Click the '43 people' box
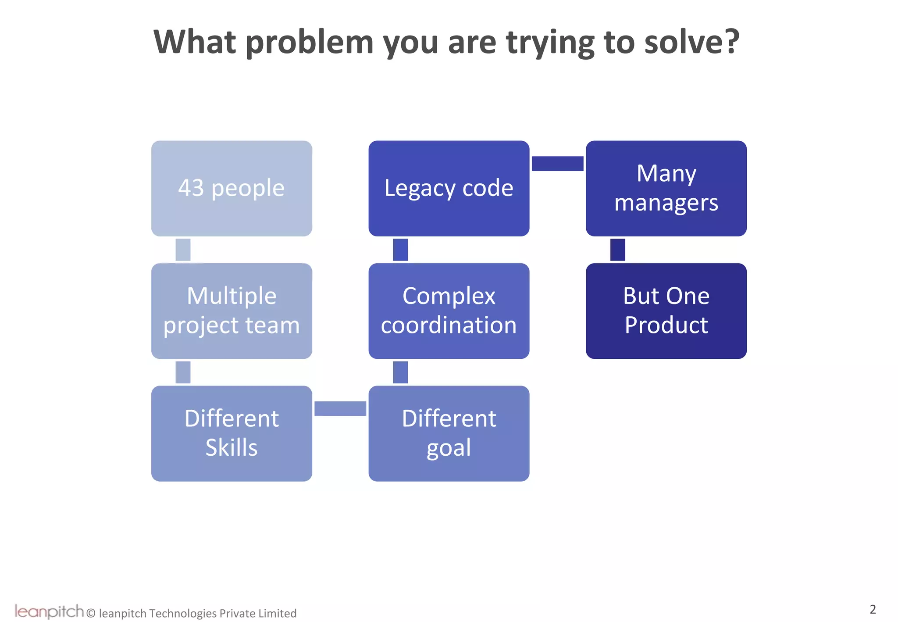232,188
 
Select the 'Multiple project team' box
232,311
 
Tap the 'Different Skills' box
232,433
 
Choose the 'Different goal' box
449,433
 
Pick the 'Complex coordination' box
449,311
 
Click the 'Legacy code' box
449,188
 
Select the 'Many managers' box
666,188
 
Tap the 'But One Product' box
666,311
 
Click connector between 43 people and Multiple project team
183,250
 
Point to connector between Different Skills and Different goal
340,408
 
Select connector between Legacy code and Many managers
557,164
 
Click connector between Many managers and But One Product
617,250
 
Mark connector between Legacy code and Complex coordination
400,250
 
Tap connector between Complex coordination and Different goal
400,372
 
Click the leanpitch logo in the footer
49,611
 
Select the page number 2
873,609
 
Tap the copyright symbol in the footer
91,613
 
